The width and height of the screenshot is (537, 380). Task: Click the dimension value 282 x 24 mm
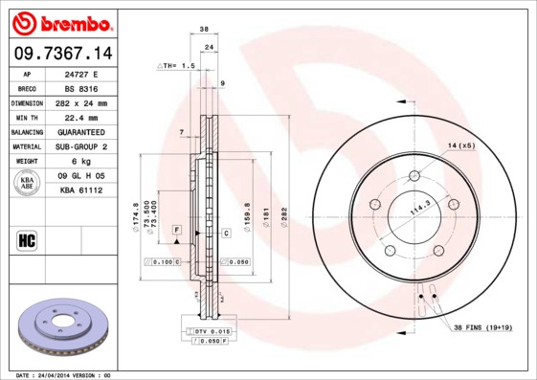tap(80, 102)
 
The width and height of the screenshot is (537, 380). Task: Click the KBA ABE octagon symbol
tap(28, 183)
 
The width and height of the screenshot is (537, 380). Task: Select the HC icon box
tap(27, 239)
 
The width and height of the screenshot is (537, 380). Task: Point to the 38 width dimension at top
tap(204, 30)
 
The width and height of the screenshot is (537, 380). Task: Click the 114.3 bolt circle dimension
tap(418, 206)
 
